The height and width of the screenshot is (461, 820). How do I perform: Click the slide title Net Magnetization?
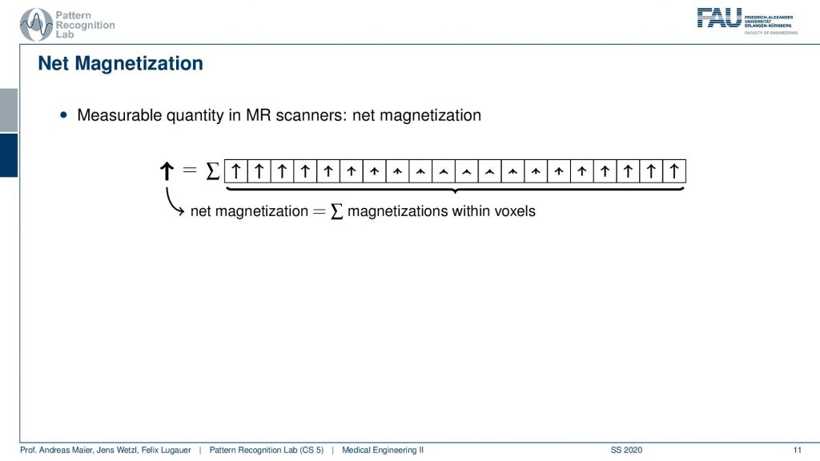click(120, 63)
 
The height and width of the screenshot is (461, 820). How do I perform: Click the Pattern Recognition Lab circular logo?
click(36, 24)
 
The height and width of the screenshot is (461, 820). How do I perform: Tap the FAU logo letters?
click(719, 18)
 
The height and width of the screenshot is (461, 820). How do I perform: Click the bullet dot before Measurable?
click(64, 115)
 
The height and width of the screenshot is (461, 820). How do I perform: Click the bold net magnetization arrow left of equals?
click(167, 171)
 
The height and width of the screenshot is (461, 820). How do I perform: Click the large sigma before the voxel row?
click(212, 171)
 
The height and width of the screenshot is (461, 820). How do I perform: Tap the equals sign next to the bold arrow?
click(189, 170)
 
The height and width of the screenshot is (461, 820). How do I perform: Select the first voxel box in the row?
click(236, 171)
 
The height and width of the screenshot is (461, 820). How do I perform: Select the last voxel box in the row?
click(674, 171)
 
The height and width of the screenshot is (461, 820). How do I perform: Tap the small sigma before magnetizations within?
click(337, 211)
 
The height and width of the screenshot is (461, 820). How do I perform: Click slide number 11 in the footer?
click(797, 450)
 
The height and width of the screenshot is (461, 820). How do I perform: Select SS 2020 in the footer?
click(626, 450)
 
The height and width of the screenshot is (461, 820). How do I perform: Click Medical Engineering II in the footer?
click(383, 450)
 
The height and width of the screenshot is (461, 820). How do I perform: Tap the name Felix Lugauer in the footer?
click(166, 450)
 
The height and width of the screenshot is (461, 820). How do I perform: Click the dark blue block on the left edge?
click(9, 155)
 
